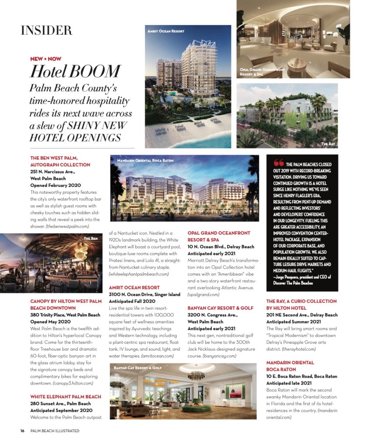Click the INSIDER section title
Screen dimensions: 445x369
(46, 30)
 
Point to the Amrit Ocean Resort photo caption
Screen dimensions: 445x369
(165, 31)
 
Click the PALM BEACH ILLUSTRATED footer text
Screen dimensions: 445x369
(55, 431)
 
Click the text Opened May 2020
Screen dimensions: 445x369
(50, 321)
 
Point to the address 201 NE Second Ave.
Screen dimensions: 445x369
(288, 315)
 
